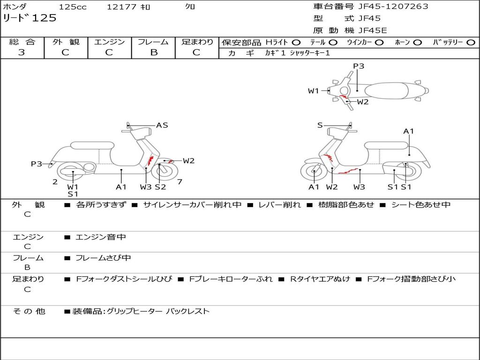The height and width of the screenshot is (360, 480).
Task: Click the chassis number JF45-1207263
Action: (393, 7)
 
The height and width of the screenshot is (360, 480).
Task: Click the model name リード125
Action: (30, 18)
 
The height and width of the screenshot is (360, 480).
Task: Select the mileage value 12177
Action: (121, 7)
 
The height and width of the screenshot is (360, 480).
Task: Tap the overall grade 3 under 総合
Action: (22, 52)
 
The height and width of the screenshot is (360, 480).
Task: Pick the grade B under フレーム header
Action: (154, 52)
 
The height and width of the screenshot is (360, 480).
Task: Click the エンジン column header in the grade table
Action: (109, 42)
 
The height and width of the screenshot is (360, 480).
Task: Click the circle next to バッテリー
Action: (471, 43)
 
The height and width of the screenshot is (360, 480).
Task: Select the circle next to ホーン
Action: (418, 43)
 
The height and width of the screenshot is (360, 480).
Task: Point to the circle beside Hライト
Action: (296, 43)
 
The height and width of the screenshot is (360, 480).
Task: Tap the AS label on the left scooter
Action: (162, 125)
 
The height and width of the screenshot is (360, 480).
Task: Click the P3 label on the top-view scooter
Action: (359, 66)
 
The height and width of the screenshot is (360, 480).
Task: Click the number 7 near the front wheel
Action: (180, 182)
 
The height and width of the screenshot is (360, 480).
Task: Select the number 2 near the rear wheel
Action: (55, 182)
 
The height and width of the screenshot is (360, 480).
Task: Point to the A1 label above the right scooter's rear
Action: (409, 131)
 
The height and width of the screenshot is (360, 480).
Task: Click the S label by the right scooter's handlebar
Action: (320, 125)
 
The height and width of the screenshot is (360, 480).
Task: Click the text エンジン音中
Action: (101, 237)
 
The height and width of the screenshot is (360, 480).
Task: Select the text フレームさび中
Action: (103, 258)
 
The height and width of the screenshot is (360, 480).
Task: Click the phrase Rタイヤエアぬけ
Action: (320, 279)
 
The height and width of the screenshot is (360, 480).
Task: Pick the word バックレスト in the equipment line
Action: (187, 311)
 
